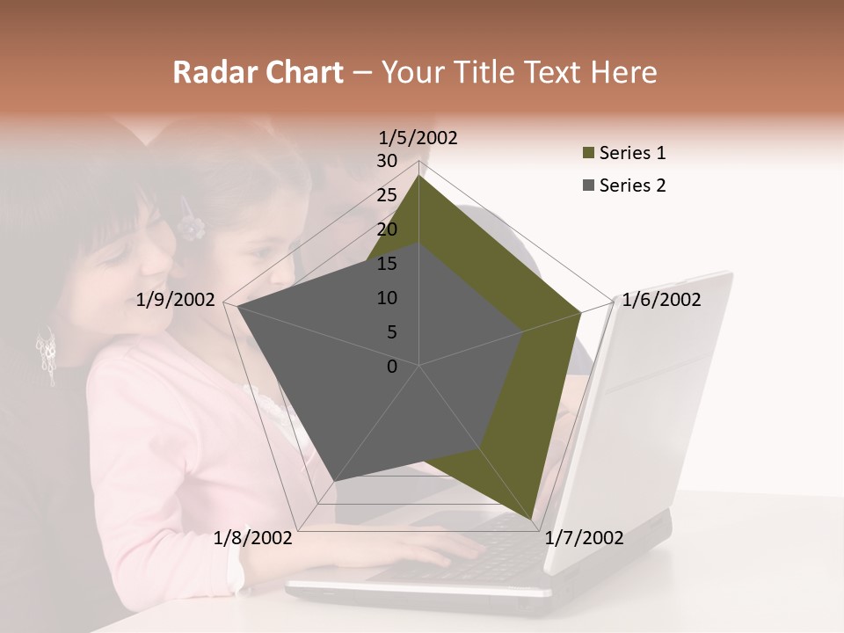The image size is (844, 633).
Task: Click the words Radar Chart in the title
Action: (258, 73)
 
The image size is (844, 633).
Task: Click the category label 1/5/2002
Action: (418, 137)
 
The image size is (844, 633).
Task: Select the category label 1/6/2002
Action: (661, 300)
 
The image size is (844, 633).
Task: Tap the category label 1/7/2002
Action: (584, 538)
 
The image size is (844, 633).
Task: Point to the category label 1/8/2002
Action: (253, 538)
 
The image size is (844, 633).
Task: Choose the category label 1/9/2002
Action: (176, 300)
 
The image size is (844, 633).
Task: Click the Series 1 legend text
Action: (632, 153)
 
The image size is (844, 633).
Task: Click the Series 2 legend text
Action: (632, 186)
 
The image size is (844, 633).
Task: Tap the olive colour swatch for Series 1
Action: (587, 154)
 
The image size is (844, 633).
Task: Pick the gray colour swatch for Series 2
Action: (587, 186)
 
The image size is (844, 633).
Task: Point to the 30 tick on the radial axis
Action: (387, 161)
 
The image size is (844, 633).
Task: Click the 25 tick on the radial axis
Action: (387, 195)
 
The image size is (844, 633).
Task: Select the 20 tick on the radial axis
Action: (387, 229)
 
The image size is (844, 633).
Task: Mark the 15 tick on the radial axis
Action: (387, 264)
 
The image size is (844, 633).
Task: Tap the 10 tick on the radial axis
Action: (387, 298)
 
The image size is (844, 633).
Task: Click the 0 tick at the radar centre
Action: (392, 367)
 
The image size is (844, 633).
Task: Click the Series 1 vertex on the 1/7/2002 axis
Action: (533, 522)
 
